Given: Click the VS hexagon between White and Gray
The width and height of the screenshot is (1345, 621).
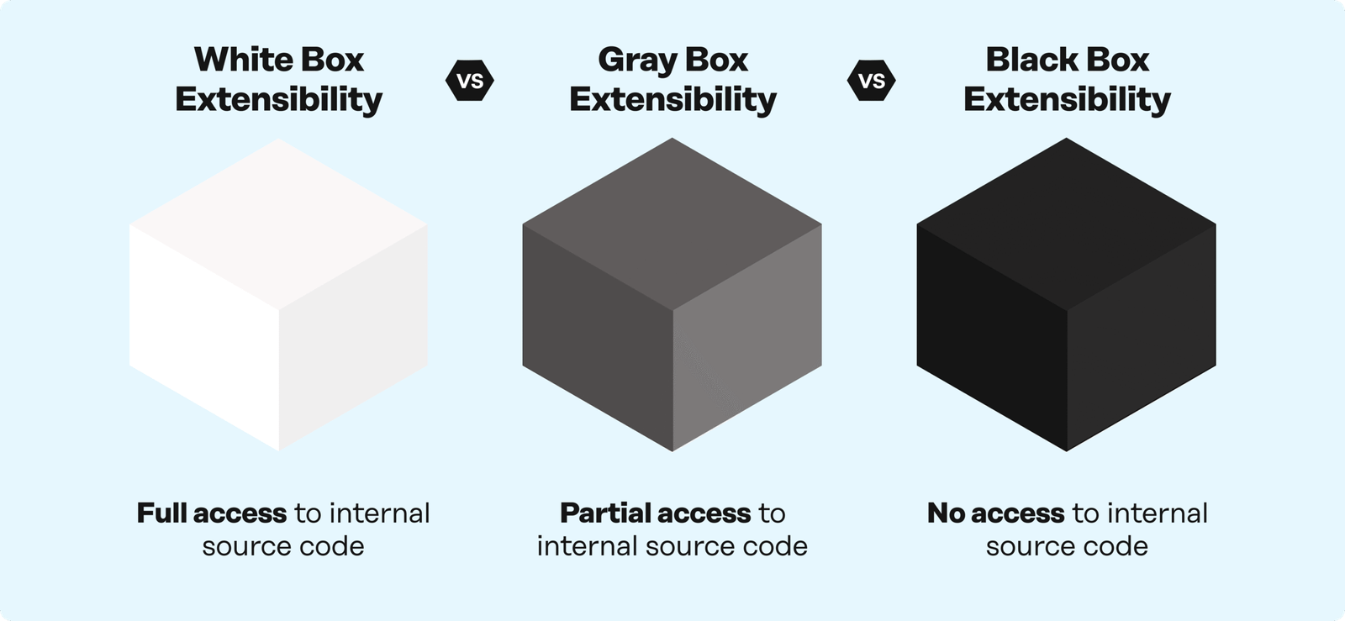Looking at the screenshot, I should (469, 82).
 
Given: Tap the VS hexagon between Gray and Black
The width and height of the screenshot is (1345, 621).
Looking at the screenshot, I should (871, 82).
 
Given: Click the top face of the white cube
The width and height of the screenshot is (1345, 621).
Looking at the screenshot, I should (279, 223).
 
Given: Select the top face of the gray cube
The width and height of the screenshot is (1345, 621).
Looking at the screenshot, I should (672, 223).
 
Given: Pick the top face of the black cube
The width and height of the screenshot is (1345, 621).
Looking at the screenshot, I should (1066, 223).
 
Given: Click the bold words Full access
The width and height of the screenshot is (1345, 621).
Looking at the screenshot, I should (212, 513).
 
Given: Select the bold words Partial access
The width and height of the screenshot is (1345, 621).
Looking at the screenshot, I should (655, 513).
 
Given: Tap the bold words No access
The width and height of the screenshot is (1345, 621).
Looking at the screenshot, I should (995, 513).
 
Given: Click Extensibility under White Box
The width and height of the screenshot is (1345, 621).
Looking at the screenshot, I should (279, 99).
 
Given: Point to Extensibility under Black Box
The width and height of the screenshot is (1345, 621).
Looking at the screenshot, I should (1066, 99).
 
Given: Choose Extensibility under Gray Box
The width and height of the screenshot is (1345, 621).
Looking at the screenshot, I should (672, 99).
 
